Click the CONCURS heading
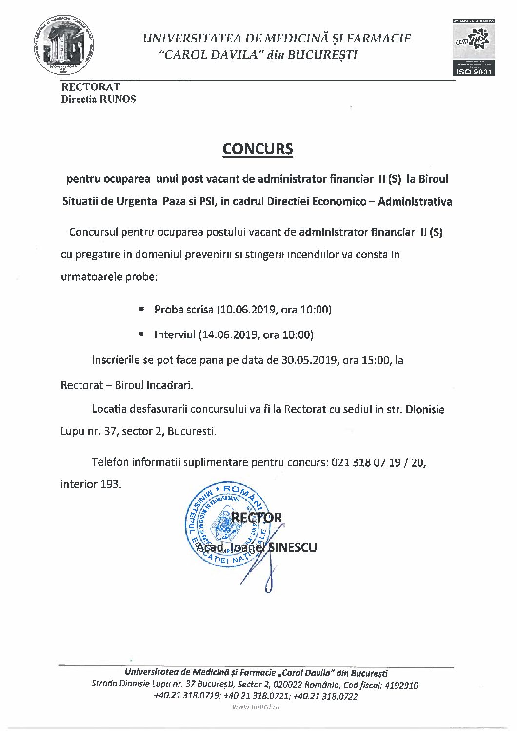(x=258, y=149)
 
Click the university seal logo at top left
(x=63, y=46)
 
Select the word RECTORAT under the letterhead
(x=90, y=87)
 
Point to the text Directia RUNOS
(x=99, y=99)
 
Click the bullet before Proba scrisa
(x=141, y=309)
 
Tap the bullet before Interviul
(x=141, y=334)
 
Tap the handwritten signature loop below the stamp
(x=269, y=584)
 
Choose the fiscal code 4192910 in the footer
(x=401, y=685)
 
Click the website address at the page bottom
(x=256, y=707)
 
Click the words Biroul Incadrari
(x=154, y=385)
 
